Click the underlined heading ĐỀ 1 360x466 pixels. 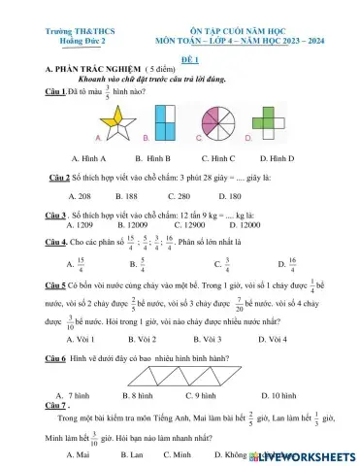(x=180, y=57)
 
